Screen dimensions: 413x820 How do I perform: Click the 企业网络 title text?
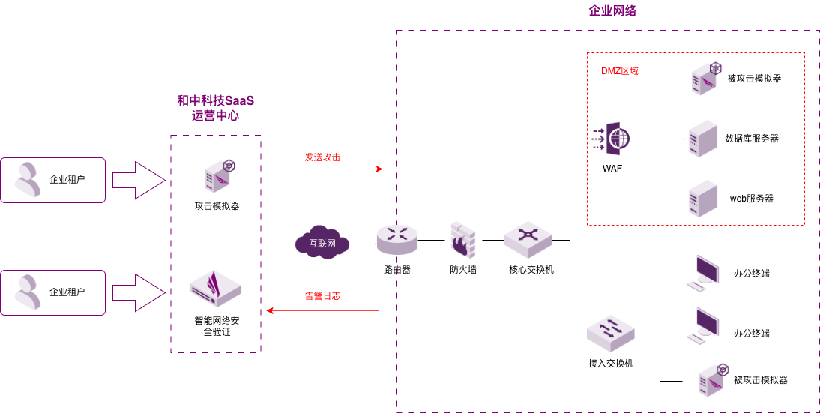coord(612,11)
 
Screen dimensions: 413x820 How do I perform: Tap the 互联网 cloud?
coord(322,243)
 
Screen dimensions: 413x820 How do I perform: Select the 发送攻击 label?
coord(322,157)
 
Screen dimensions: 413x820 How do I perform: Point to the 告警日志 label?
coord(322,296)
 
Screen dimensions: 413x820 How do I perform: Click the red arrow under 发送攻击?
coord(326,169)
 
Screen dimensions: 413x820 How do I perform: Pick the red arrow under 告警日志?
coord(323,310)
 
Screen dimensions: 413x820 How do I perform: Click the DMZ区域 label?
coord(619,71)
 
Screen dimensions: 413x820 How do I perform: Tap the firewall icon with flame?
coord(462,240)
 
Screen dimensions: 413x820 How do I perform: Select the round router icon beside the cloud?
coord(397,238)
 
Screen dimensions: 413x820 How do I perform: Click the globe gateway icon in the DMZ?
coord(611,138)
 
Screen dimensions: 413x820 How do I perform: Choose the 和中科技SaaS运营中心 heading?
coord(216,108)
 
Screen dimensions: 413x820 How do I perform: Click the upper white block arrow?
coord(138,180)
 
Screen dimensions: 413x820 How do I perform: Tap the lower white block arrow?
coord(138,292)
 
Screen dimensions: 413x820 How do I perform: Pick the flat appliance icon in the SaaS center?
coord(215,289)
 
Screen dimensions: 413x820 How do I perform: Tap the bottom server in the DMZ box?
coord(702,199)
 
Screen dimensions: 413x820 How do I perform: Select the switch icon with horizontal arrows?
coord(610,333)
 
